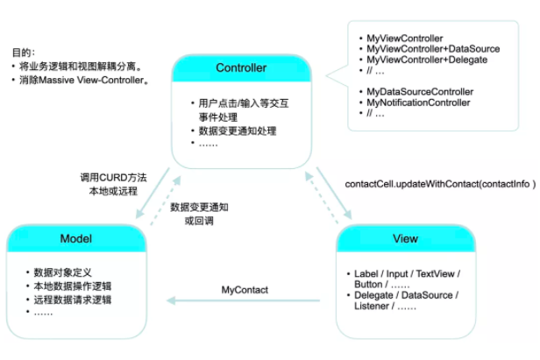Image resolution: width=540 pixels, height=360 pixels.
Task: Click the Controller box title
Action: pos(241,67)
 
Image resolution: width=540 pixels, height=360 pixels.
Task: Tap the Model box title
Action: pos(76,238)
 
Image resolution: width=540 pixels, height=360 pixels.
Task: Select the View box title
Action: pos(405,238)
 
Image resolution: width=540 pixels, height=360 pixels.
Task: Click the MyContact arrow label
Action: pos(245,290)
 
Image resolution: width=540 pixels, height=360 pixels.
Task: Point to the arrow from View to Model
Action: pos(243,300)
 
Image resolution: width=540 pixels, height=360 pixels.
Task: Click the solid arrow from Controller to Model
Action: pos(153,193)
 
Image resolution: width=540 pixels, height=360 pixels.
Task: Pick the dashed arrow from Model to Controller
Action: pos(166,201)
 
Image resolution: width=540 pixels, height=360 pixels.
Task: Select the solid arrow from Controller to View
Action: pos(334,193)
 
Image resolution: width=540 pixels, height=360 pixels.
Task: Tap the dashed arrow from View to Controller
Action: pos(322,198)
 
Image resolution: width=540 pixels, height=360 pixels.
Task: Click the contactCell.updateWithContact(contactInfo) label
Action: pos(440,184)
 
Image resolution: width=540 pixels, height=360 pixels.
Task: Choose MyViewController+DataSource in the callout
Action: pos(433,49)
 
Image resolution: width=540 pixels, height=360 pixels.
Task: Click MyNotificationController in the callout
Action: pos(418,102)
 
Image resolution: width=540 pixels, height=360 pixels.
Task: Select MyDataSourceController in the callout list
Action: pos(420,92)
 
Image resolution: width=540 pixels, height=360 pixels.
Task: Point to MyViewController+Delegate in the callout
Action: pos(427,60)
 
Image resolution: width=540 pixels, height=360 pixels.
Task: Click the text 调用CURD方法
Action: pos(113,178)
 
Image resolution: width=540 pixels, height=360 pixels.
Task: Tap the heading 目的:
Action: pos(24,53)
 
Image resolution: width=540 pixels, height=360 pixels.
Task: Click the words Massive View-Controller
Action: pos(91,81)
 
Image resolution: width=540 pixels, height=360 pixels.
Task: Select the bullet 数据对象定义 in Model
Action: pos(63,272)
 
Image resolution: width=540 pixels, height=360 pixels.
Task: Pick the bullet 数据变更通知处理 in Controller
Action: pos(238,131)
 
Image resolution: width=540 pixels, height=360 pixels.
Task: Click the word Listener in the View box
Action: pos(372,306)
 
